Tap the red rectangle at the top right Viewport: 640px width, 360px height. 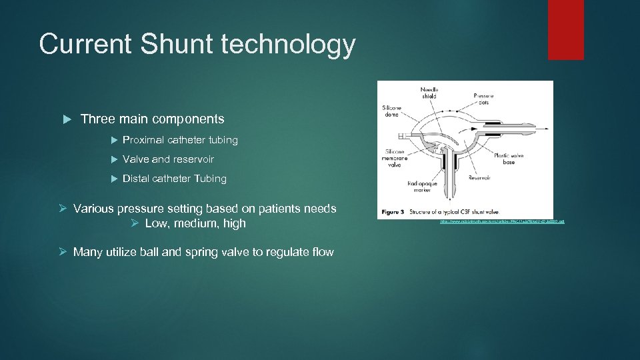565,30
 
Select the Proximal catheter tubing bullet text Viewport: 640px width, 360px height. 180,140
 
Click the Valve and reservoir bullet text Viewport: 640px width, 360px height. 168,159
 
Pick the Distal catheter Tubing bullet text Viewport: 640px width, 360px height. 175,179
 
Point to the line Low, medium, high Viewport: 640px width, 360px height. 195,223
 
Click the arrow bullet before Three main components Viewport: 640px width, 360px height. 67,119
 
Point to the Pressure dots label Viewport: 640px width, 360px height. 484,99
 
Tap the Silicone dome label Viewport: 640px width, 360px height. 392,111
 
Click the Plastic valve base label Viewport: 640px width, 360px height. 510,158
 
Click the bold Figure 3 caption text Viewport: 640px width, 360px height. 393,212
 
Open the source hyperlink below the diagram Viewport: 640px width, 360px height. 502,221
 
